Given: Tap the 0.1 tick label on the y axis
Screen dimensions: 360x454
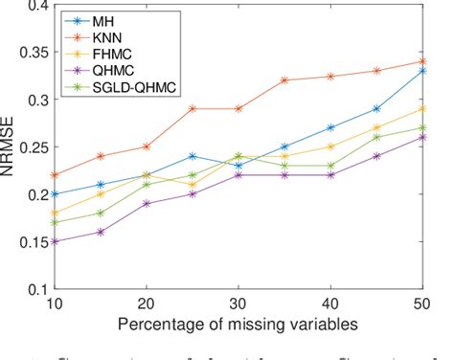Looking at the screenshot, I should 35,288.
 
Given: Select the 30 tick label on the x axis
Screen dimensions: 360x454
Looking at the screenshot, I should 238,303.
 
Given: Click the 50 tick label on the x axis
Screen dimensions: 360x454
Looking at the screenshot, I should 421,303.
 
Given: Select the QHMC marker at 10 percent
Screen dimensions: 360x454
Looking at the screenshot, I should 56,241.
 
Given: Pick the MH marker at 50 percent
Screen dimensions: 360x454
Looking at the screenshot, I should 422,71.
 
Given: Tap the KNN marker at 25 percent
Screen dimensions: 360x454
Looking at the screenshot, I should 193,109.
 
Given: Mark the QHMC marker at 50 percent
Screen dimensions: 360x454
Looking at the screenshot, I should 422,137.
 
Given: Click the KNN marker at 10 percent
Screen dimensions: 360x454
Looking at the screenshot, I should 56,175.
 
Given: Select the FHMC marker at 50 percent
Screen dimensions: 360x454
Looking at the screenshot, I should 422,109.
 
